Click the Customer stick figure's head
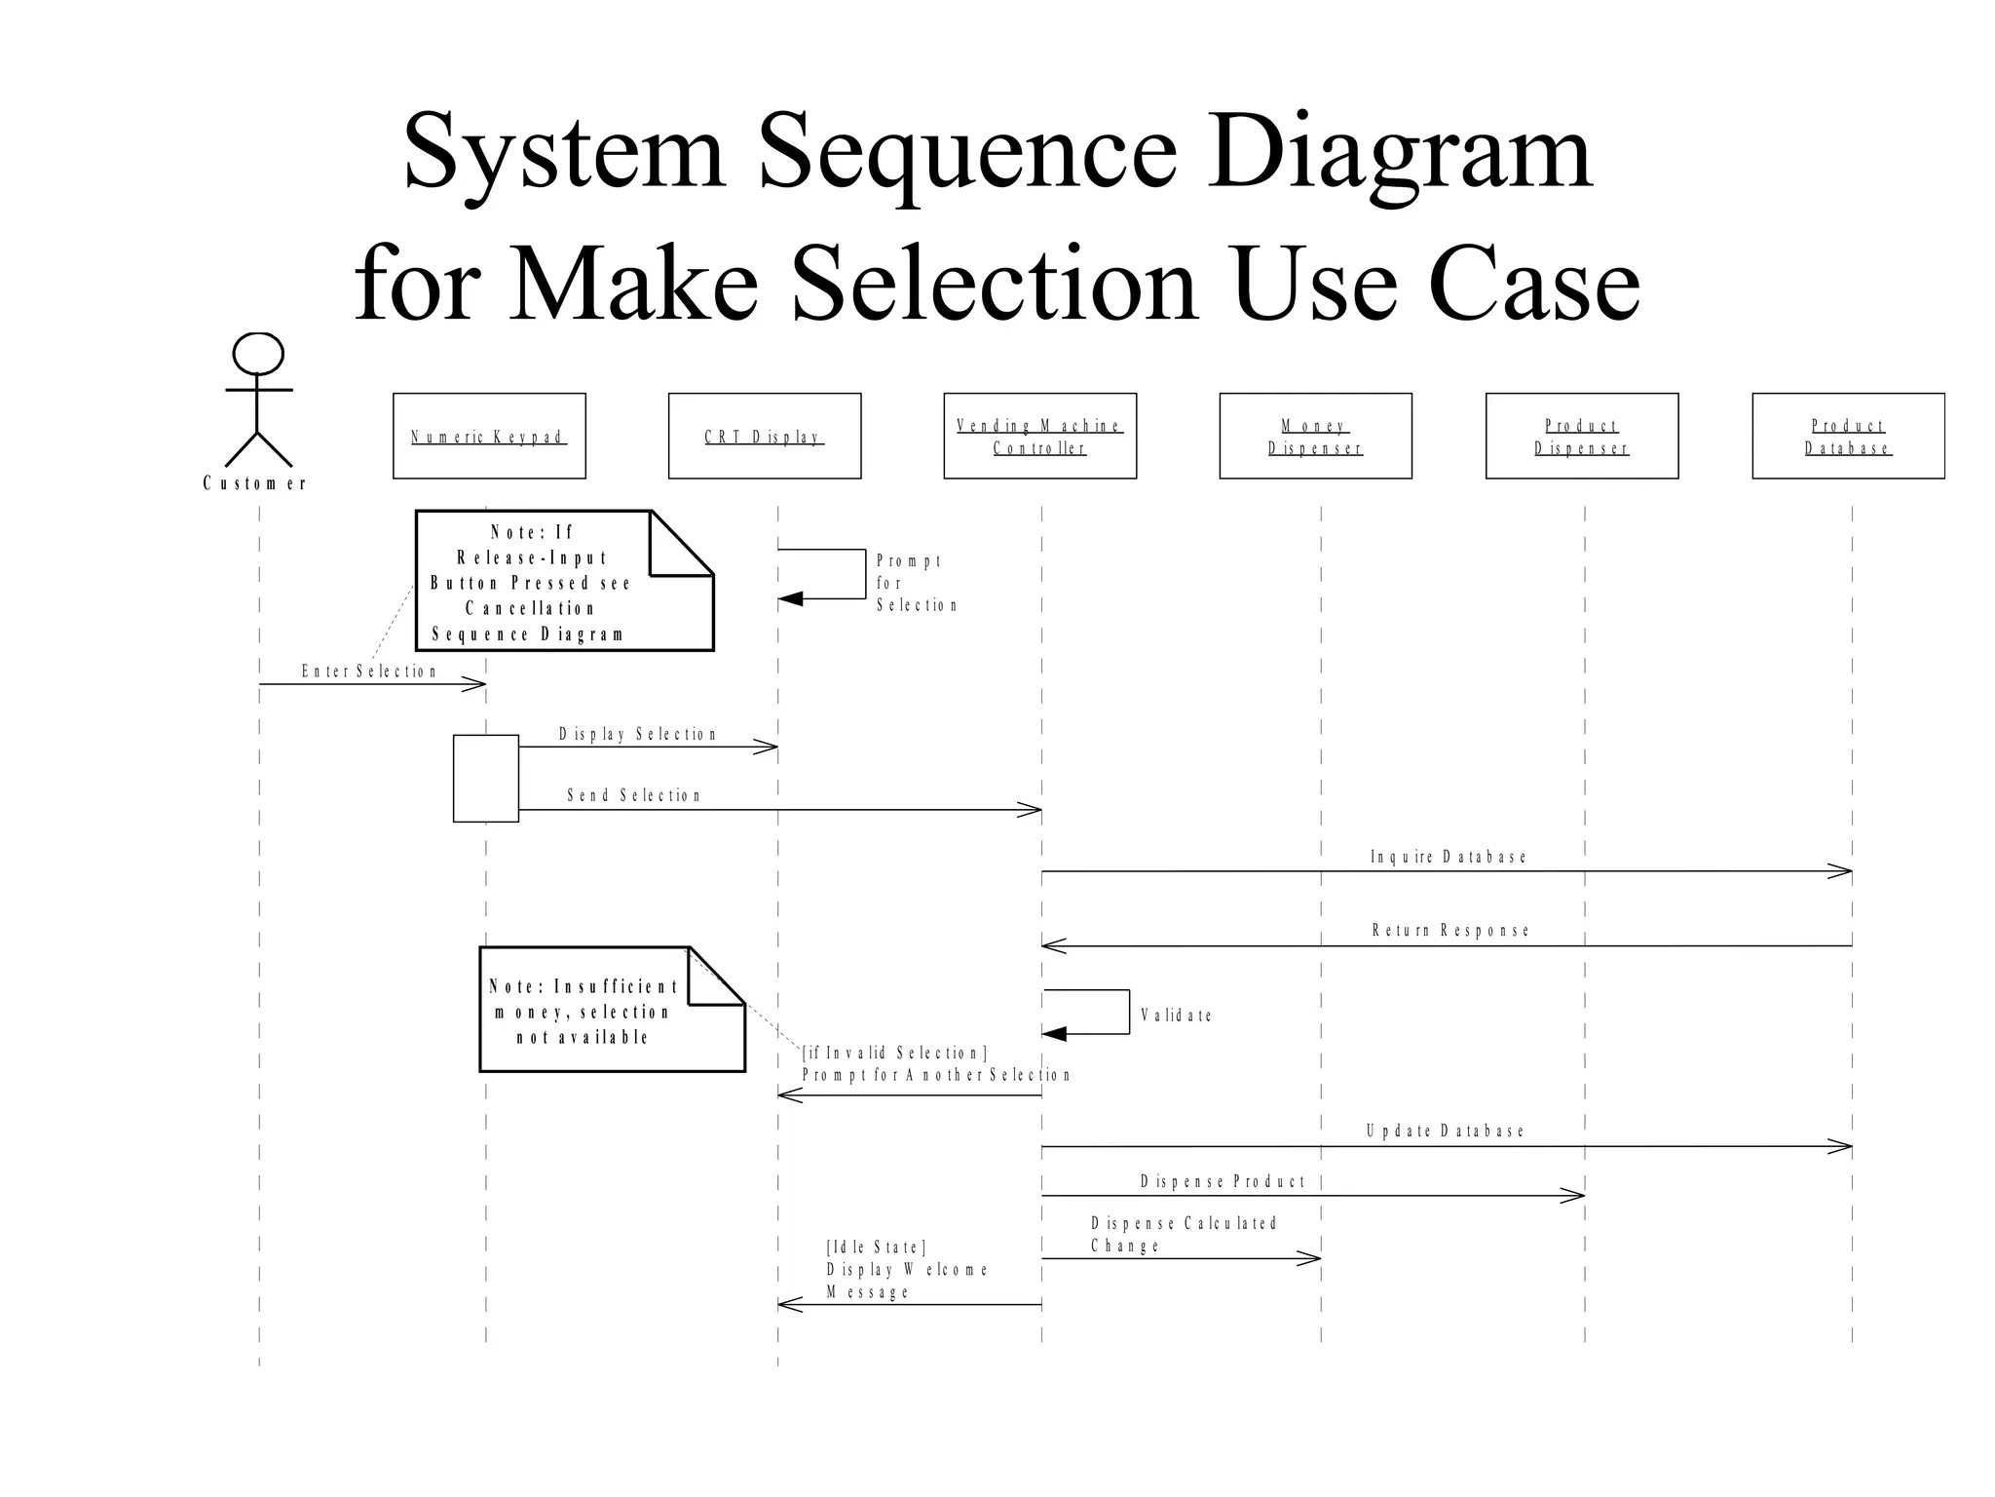point(258,354)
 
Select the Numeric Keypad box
point(489,436)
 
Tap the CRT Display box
point(765,436)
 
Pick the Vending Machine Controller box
point(1039,436)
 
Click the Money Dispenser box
point(1315,436)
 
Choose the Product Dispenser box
point(1582,436)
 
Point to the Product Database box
point(1848,436)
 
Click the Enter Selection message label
point(369,672)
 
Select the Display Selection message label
point(638,734)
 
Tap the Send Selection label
point(634,795)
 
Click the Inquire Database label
point(1449,857)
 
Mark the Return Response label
point(1450,931)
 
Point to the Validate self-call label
point(1177,1016)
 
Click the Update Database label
point(1446,1132)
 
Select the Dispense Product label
point(1223,1182)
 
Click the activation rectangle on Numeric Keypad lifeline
point(486,778)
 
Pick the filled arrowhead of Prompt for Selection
point(790,598)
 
